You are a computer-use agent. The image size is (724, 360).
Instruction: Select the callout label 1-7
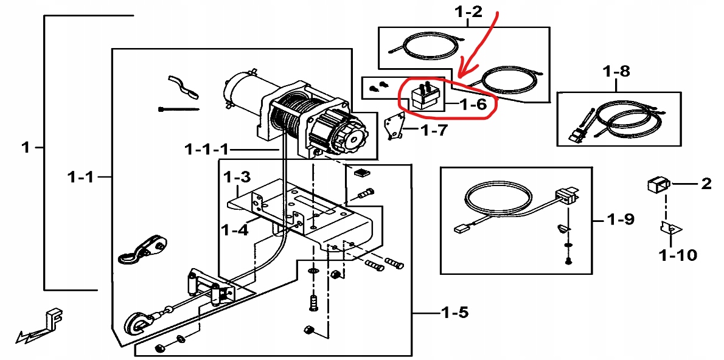433,130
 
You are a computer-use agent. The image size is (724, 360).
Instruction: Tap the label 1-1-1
207,149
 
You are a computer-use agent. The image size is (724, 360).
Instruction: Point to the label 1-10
677,255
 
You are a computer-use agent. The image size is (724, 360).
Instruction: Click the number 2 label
706,183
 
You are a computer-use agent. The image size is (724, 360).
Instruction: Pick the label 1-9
620,219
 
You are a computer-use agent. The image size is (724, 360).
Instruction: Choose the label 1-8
616,72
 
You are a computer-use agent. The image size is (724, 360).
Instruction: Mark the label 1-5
455,313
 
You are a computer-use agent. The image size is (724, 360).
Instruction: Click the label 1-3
237,178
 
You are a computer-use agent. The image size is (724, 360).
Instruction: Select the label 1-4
234,230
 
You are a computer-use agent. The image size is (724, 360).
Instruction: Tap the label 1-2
468,11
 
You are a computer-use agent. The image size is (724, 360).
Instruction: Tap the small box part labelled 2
657,183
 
